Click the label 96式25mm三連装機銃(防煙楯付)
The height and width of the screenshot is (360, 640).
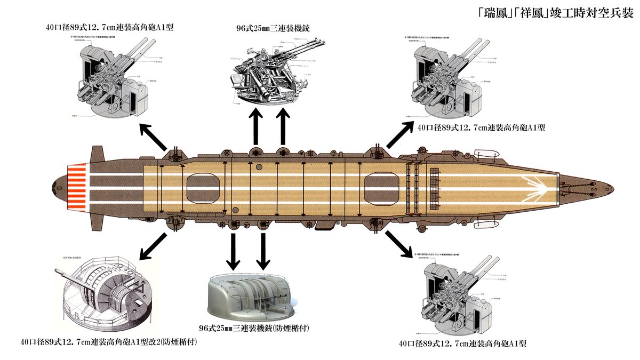pyautogui.click(x=253, y=327)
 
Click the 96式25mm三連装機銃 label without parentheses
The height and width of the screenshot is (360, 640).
pyautogui.click(x=274, y=28)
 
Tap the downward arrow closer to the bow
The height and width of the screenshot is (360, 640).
pyautogui.click(x=262, y=250)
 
